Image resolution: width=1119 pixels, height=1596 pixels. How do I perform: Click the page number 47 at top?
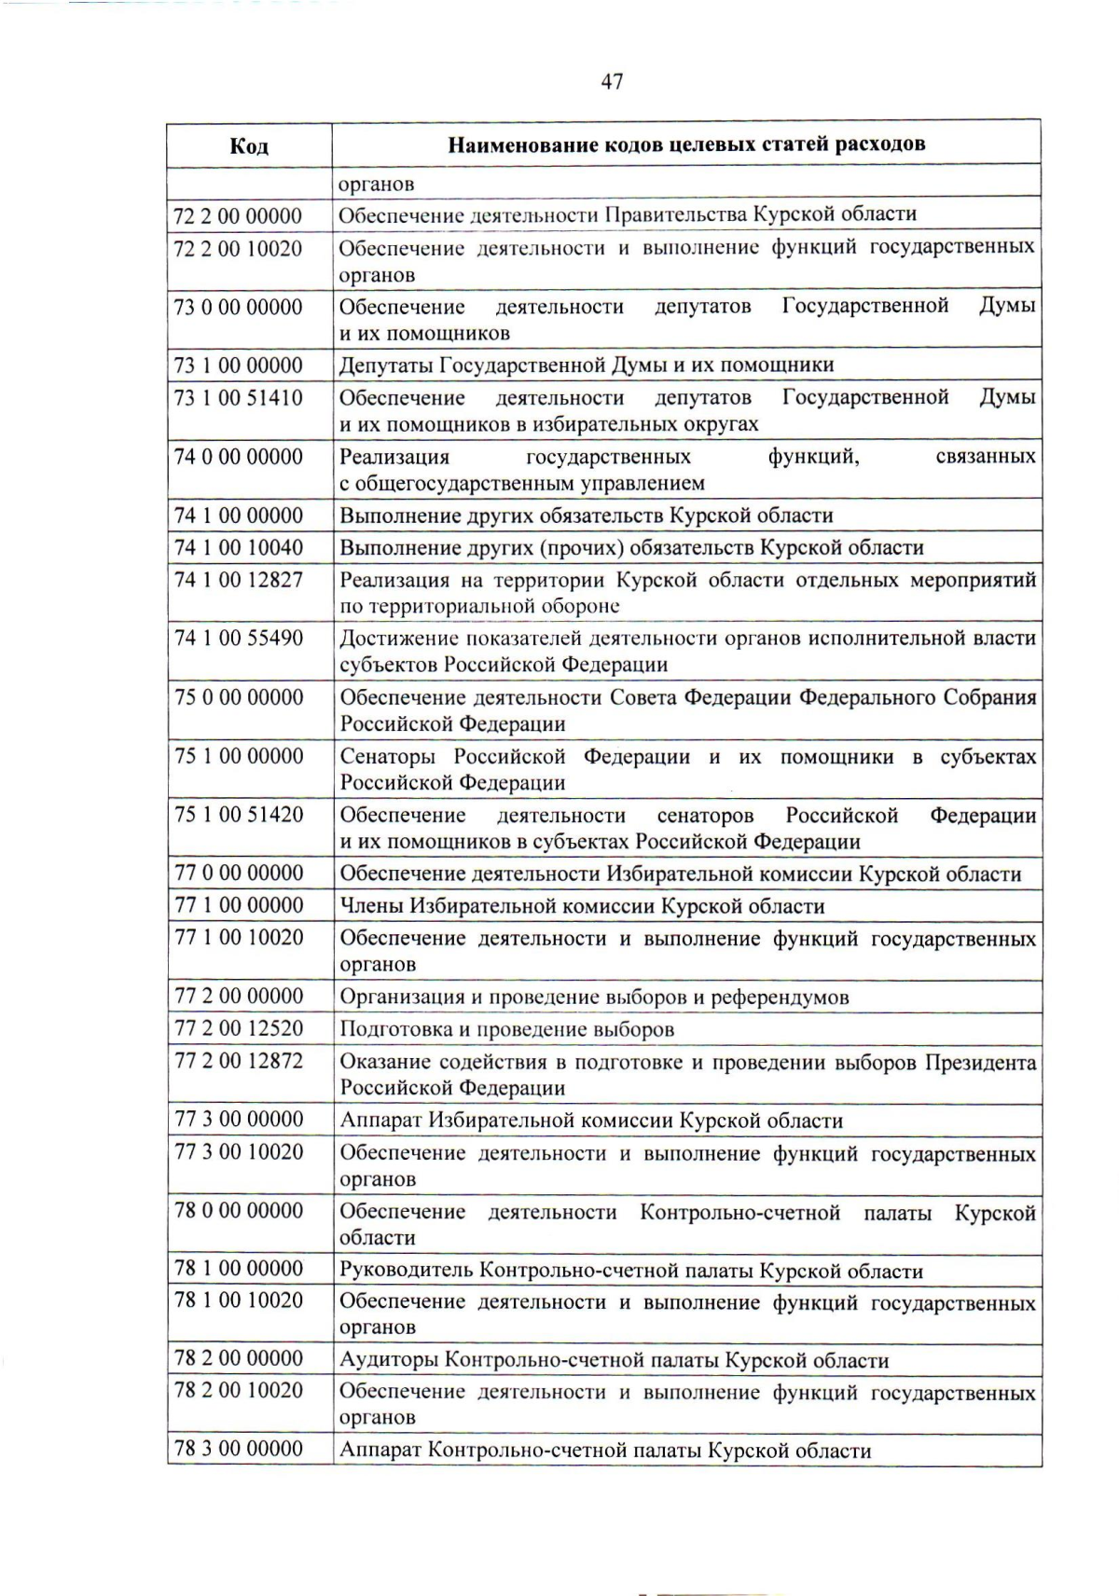612,82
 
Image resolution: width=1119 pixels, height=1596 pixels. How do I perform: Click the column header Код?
249,145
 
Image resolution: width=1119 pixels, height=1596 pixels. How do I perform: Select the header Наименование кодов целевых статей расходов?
686,144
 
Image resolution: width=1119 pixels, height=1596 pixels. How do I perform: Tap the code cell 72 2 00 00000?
239,216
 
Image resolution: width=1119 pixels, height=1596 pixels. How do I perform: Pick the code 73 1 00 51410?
239,398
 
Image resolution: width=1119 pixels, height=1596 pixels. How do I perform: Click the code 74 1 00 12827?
239,580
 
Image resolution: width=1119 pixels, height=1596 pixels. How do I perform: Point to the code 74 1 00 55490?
239,639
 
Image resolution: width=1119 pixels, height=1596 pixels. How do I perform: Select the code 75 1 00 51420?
239,815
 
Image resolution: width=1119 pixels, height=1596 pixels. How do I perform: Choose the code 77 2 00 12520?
239,1029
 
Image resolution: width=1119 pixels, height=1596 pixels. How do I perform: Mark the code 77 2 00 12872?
239,1061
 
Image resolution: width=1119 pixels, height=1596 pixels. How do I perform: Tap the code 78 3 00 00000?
239,1449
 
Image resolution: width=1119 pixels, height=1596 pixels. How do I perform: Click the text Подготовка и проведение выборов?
506,1030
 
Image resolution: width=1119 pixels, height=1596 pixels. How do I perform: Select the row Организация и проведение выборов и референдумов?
594,997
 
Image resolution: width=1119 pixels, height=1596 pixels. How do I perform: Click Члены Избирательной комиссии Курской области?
582,906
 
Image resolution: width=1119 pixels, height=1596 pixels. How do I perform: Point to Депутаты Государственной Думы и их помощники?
587,365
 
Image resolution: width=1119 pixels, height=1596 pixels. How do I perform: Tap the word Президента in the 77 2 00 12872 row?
980,1063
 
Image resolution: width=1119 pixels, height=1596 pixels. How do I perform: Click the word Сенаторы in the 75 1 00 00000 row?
390,757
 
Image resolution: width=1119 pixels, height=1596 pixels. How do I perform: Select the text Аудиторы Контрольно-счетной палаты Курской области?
614,1360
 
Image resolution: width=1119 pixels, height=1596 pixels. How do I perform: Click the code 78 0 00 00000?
239,1211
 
